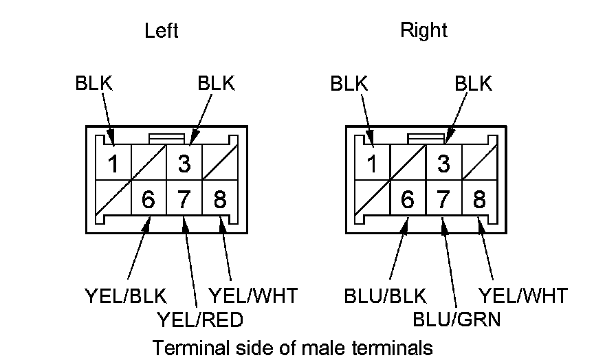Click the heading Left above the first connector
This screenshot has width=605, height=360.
[x=162, y=31]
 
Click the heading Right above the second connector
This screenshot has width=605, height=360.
[x=423, y=31]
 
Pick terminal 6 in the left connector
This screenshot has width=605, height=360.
[x=148, y=200]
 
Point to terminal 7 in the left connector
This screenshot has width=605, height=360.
[x=184, y=200]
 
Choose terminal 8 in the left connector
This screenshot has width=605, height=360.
[x=220, y=200]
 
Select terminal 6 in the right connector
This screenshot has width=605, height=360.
[x=408, y=200]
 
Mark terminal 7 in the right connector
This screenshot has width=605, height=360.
[x=443, y=200]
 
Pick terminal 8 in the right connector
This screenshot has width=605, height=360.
[x=479, y=200]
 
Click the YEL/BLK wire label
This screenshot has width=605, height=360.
[x=126, y=296]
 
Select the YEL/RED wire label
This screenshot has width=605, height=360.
[x=200, y=319]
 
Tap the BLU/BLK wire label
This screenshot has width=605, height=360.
[x=385, y=296]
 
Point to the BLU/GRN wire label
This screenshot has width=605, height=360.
[x=456, y=319]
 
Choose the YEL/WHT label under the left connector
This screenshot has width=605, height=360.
[x=253, y=296]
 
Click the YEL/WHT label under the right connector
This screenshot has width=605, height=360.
[x=523, y=296]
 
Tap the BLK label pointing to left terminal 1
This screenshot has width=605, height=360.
[x=94, y=84]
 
